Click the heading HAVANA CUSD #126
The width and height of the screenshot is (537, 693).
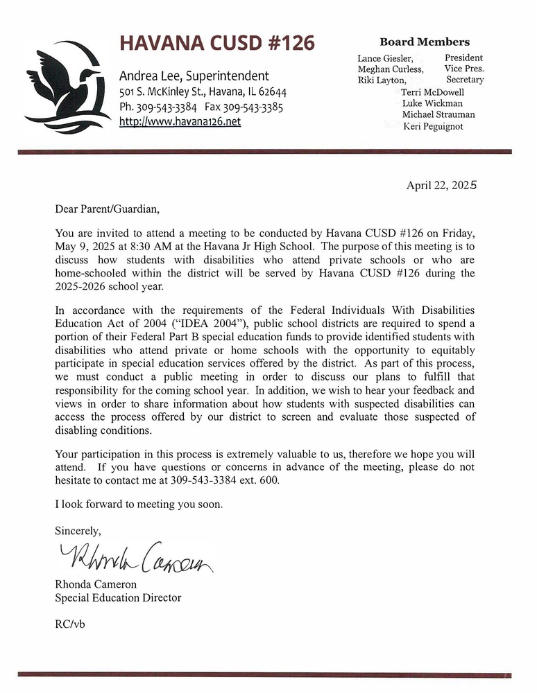(217, 43)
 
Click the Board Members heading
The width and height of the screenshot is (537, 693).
(425, 42)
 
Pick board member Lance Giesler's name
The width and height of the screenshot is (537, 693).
(384, 58)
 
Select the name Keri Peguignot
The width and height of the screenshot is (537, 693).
(432, 126)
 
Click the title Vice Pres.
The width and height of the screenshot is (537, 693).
(464, 69)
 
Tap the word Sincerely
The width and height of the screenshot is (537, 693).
(78, 531)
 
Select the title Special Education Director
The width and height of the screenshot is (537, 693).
(118, 597)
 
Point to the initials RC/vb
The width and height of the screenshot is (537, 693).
(70, 624)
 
